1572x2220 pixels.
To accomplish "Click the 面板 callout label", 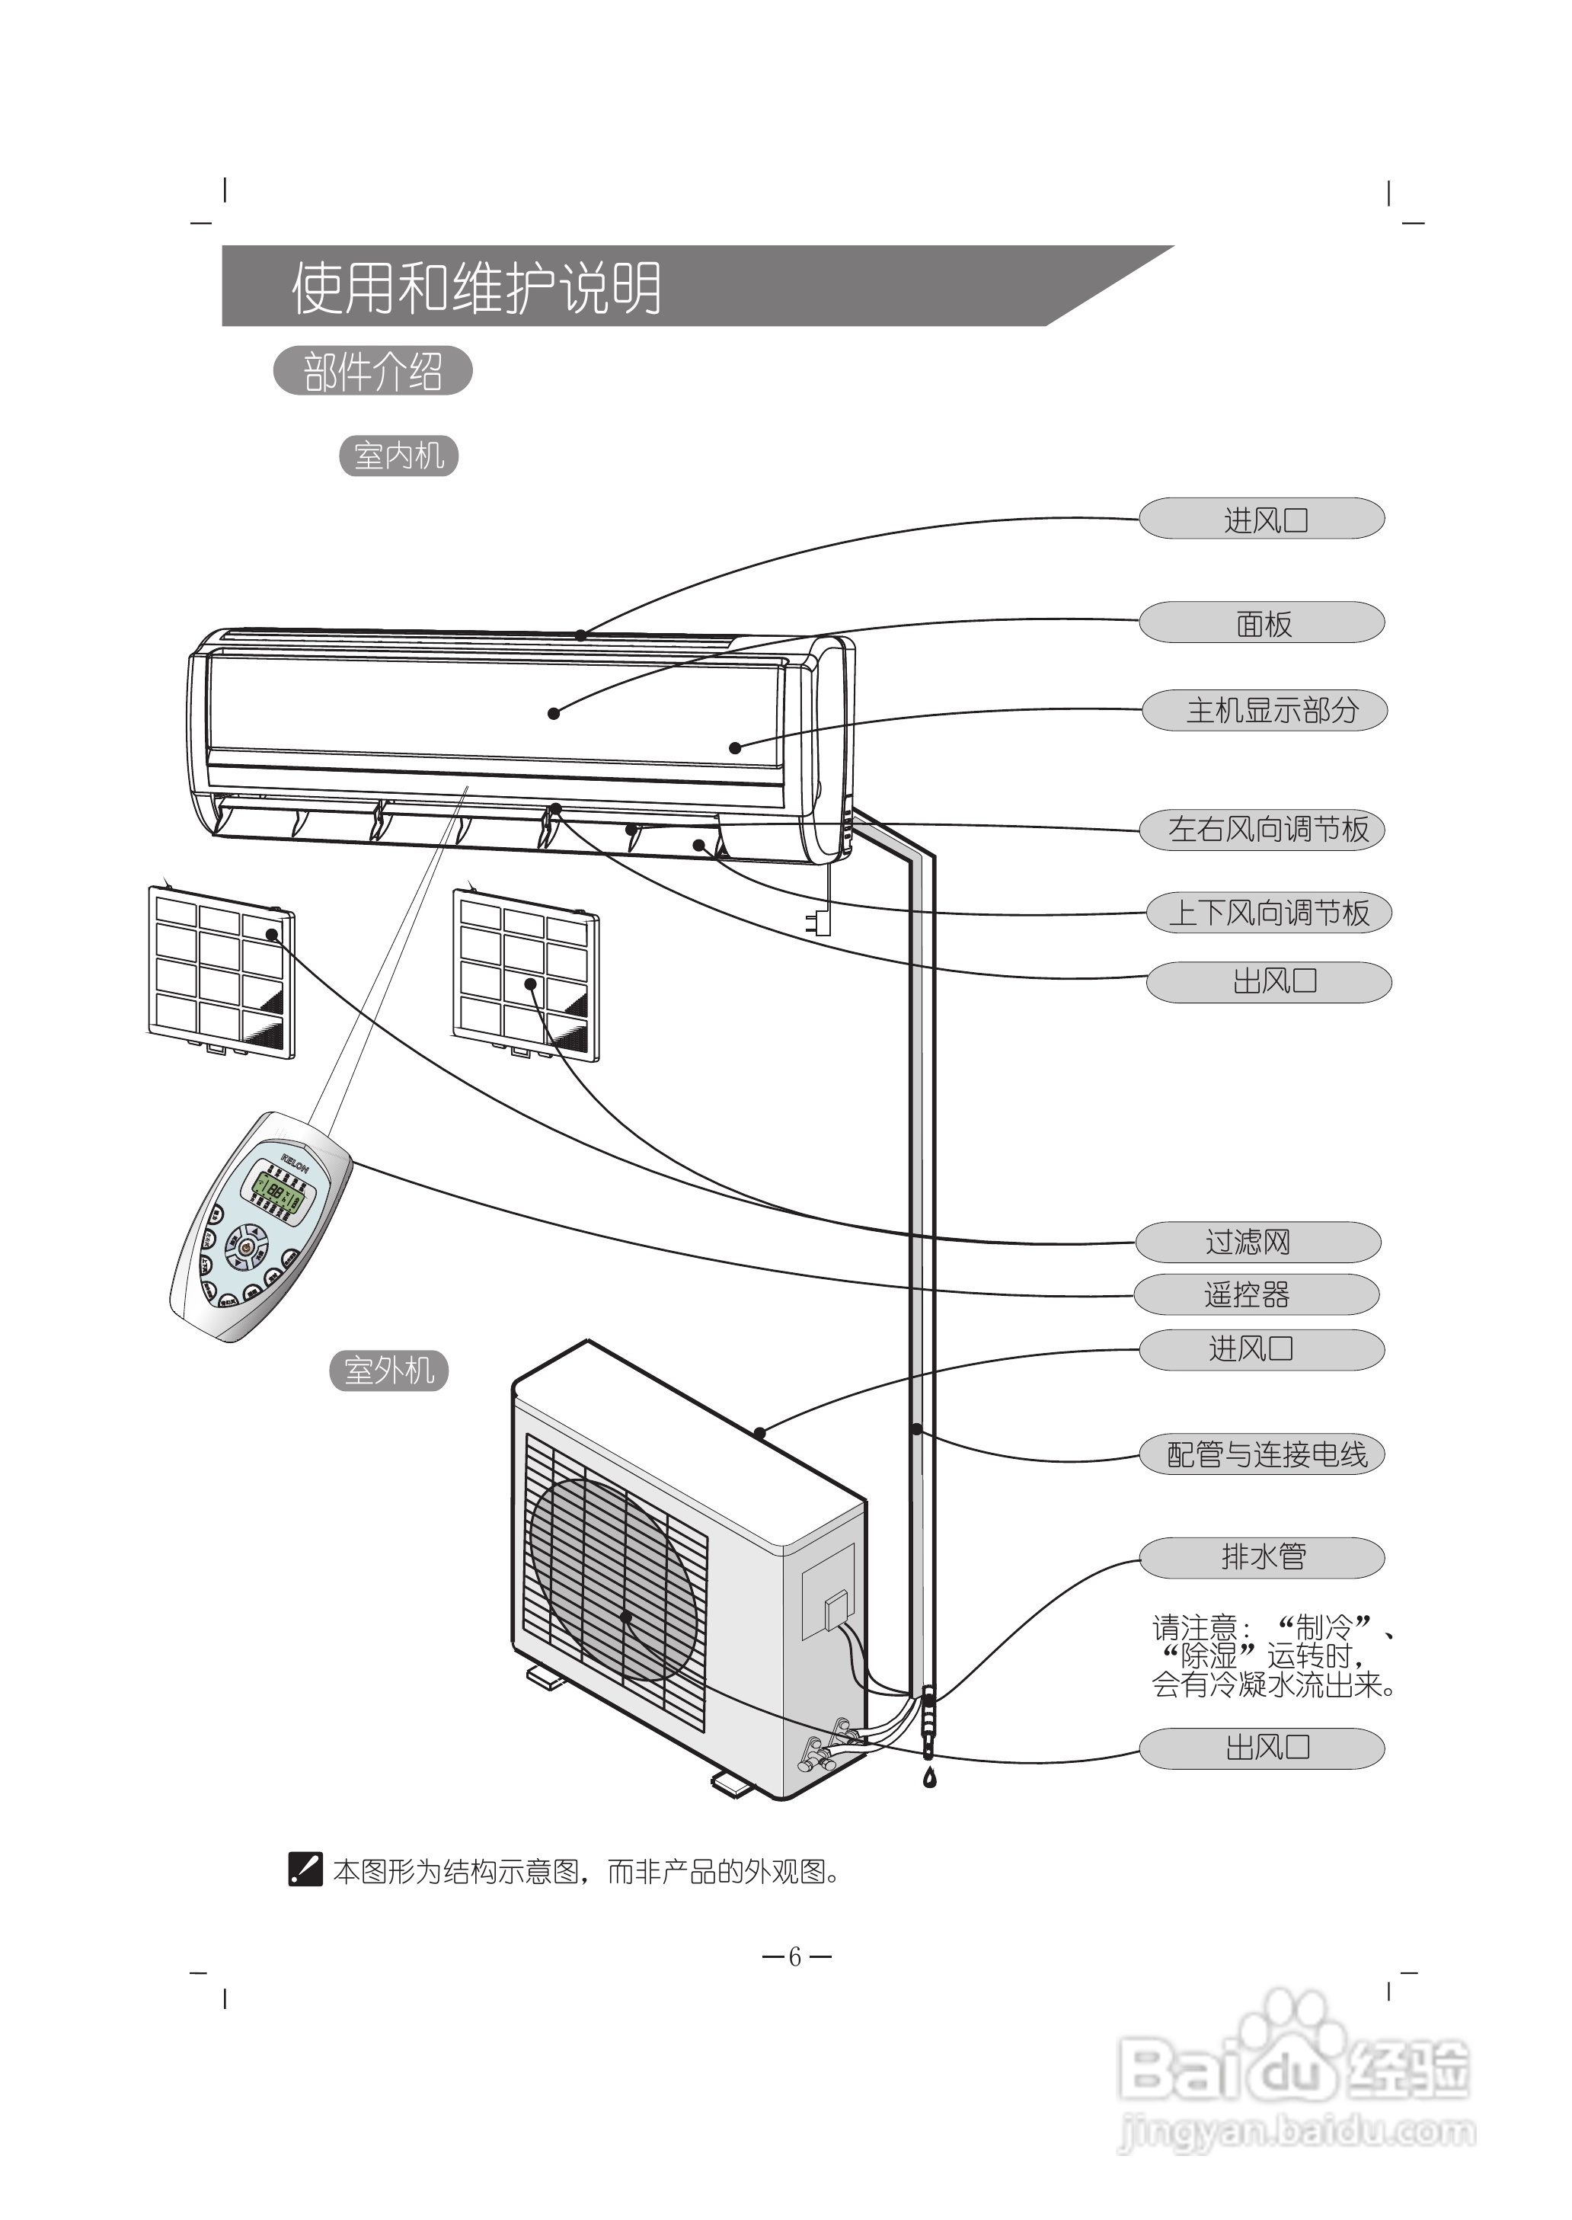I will (1261, 622).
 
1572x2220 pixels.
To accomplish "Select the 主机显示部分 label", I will (1264, 711).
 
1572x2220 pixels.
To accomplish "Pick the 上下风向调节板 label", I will (1268, 913).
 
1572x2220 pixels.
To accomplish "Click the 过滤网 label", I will (1257, 1242).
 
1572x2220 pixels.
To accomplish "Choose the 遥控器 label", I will (1255, 1294).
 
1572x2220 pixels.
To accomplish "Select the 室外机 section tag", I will (388, 1371).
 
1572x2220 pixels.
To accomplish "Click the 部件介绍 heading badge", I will (372, 372).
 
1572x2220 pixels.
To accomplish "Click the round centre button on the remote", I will (248, 1248).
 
